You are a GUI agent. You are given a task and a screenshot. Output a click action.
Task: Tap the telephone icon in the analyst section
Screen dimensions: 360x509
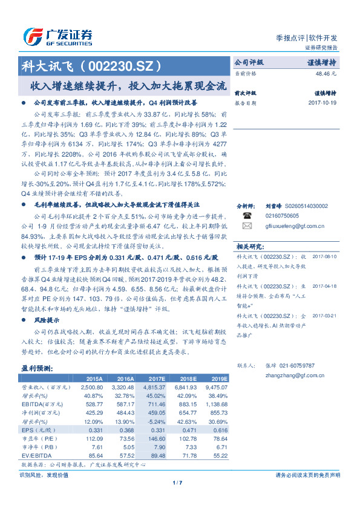[x=247, y=215]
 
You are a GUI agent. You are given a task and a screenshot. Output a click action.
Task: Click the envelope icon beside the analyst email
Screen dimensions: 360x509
[x=247, y=225]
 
